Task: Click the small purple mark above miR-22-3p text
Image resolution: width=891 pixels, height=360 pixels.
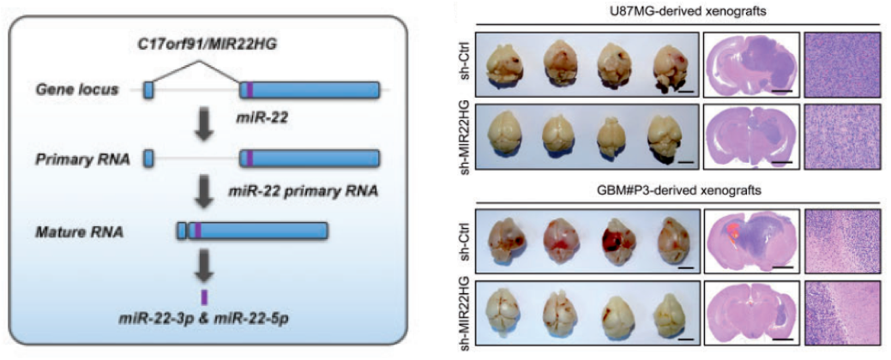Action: (204, 297)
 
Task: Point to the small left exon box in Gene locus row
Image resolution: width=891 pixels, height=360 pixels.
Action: (148, 89)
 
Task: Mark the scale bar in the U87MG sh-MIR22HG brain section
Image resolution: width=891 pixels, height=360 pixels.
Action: (781, 159)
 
